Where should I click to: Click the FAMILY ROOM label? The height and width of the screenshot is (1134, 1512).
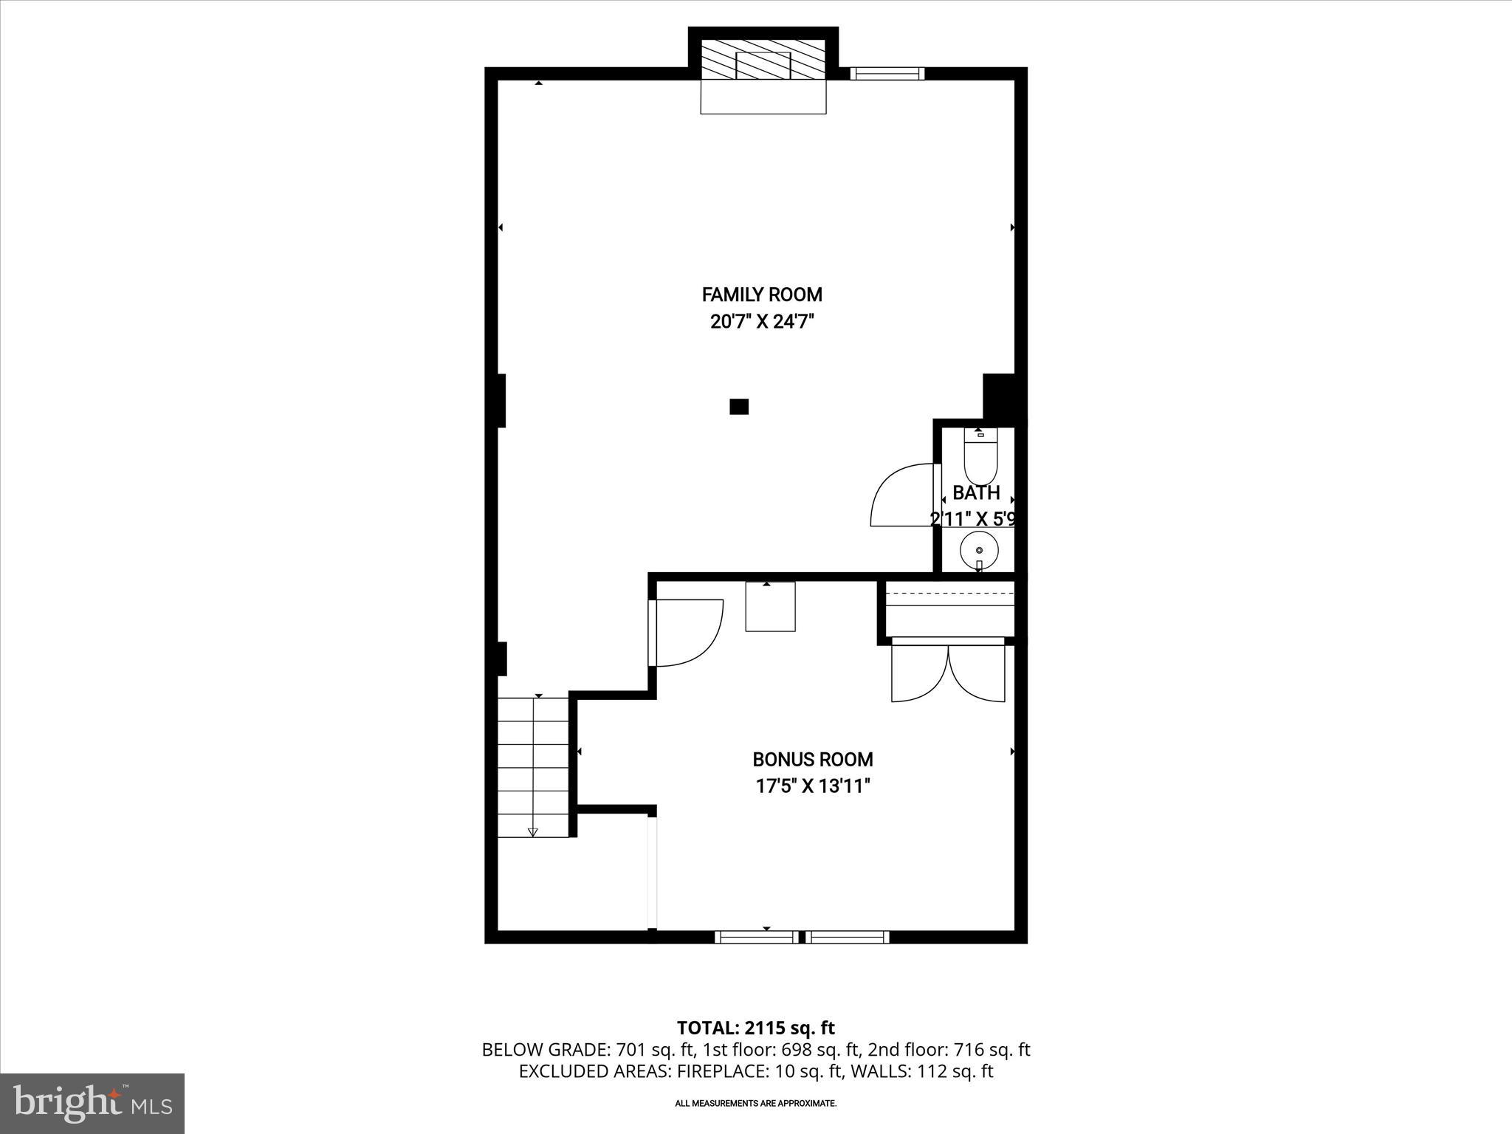762,295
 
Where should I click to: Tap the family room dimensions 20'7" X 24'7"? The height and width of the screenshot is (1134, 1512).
762,322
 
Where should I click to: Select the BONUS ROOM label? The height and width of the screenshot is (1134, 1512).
812,759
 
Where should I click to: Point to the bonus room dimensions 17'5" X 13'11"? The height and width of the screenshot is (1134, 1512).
812,786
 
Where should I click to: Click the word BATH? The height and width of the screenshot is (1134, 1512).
976,492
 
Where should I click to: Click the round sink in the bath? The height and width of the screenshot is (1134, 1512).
979,550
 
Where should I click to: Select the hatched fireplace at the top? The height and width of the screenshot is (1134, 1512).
763,60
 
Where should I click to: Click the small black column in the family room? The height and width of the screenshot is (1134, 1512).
739,406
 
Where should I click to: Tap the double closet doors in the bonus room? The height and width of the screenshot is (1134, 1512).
948,673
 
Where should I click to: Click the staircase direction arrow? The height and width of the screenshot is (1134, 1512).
533,832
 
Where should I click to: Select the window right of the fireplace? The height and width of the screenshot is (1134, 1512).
887,73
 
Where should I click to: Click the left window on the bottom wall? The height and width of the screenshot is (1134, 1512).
757,937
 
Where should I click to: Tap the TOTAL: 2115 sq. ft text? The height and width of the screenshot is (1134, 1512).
755,1028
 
